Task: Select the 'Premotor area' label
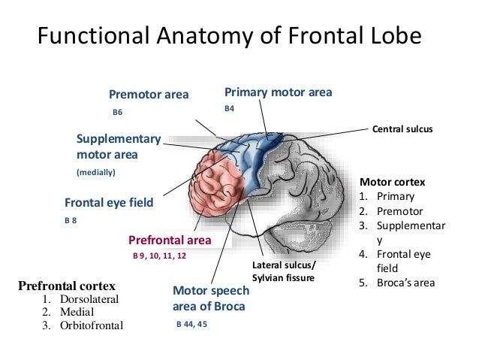tap(149, 95)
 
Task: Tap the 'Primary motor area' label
tap(278, 92)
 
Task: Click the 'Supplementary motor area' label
tap(119, 147)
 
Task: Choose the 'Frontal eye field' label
tap(109, 202)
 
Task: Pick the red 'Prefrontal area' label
tap(170, 240)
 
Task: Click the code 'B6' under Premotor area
tap(116, 112)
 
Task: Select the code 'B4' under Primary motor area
tap(230, 109)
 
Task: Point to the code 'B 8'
tap(71, 222)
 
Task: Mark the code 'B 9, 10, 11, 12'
tap(159, 256)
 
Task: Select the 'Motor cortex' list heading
tap(393, 182)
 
